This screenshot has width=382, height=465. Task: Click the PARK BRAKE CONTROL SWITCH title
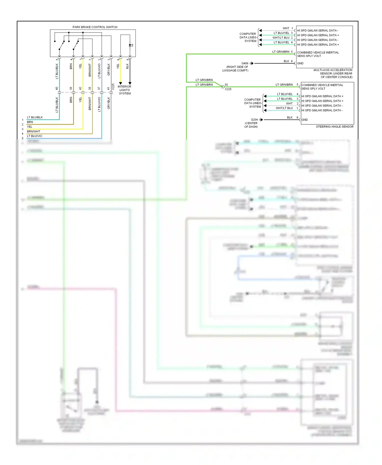tap(95, 27)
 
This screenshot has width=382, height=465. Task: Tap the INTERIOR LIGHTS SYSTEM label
tap(125, 90)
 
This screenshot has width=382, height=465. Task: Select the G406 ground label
tap(245, 63)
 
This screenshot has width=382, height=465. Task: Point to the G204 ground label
tap(254, 120)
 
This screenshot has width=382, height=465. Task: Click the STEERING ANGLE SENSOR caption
tap(334, 126)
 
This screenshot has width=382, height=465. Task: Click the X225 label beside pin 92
tap(228, 89)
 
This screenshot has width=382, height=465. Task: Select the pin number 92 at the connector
tap(226, 85)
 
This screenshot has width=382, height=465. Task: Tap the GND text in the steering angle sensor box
tap(305, 120)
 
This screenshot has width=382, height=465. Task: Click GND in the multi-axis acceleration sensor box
tap(300, 63)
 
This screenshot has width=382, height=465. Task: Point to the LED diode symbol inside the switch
tap(130, 45)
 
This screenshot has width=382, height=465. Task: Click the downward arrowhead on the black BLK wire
tap(130, 83)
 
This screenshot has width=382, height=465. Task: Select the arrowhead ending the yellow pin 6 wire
tap(120, 83)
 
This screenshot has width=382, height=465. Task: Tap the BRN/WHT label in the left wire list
tap(34, 132)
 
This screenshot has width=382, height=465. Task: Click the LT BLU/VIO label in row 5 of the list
tap(35, 136)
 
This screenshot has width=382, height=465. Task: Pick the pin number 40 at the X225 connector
tap(57, 89)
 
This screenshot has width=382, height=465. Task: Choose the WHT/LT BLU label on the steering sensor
tap(284, 108)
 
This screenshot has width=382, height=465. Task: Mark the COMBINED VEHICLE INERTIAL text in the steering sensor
tap(322, 85)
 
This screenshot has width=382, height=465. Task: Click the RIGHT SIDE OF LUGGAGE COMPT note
tap(236, 69)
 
